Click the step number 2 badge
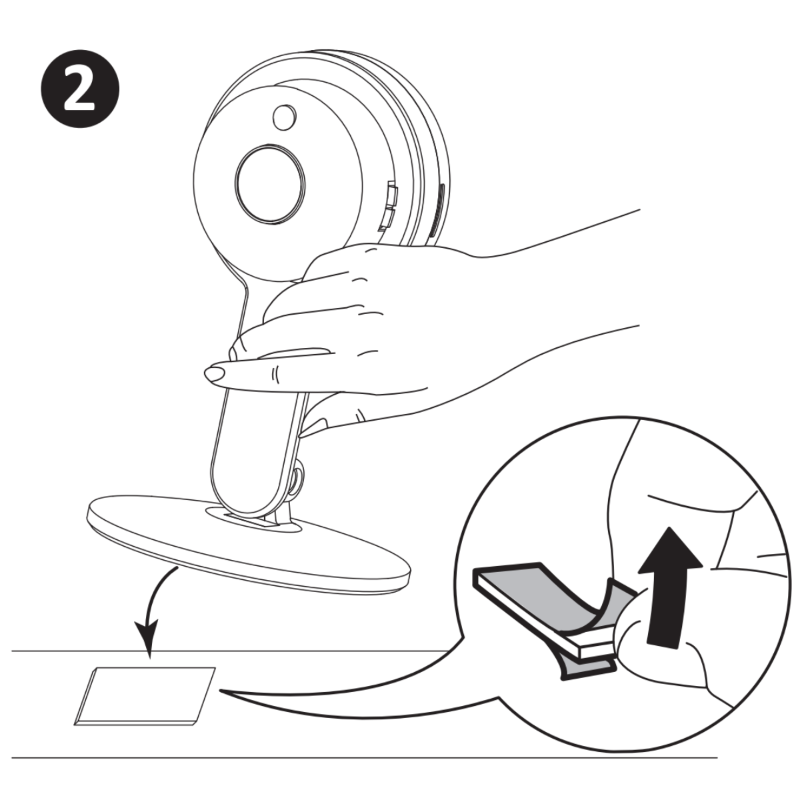click(80, 89)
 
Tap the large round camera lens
click(269, 184)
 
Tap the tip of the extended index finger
click(214, 375)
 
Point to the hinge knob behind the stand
click(297, 481)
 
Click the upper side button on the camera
click(391, 193)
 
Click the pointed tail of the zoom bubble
click(222, 691)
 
